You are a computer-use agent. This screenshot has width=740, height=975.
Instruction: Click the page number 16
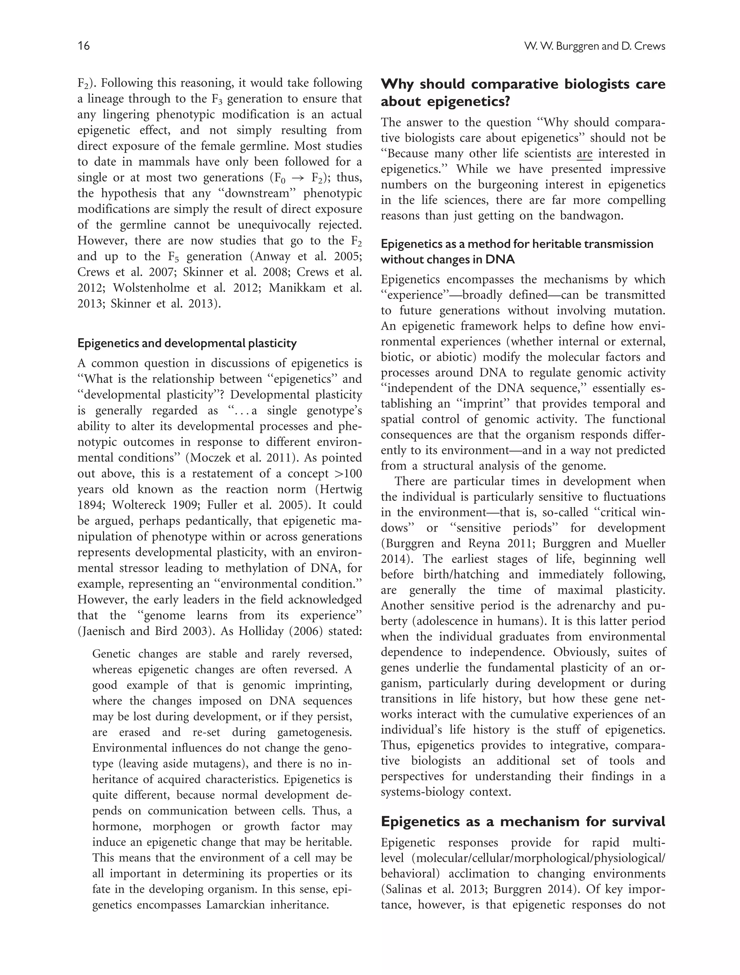click(83, 46)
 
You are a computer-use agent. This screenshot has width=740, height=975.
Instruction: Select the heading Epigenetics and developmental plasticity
click(187, 343)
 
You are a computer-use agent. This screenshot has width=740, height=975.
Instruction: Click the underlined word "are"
click(584, 154)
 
